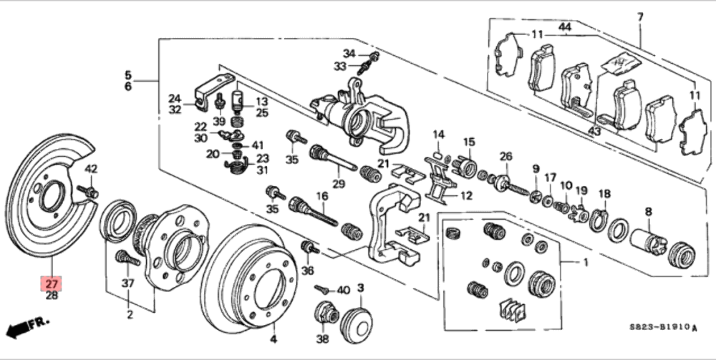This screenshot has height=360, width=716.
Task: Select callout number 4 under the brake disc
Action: (272, 339)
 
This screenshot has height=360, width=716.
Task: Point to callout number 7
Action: (639, 16)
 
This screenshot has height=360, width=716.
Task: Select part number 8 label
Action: (649, 211)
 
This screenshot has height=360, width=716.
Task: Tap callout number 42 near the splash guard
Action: (91, 169)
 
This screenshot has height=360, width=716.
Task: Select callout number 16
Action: (322, 196)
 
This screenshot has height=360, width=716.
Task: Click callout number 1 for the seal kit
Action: (585, 262)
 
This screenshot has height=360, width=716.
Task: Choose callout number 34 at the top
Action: (349, 54)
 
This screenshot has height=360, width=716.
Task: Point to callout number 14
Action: (438, 134)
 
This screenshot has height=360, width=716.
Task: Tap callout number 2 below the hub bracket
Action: (130, 315)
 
